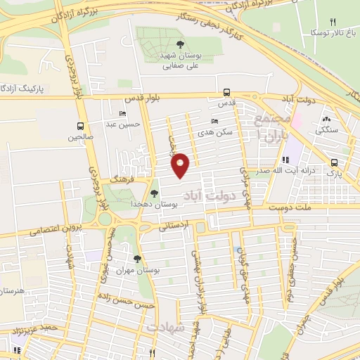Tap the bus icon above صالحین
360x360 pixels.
pyautogui.click(x=80, y=127)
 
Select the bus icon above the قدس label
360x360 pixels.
pyautogui.click(x=226, y=92)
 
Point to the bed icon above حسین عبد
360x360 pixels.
pyautogui.click(x=123, y=114)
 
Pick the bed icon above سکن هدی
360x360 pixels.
pyautogui.click(x=214, y=121)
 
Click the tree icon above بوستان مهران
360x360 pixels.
pyautogui.click(x=136, y=259)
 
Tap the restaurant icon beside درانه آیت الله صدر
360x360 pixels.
pyautogui.click(x=285, y=160)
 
